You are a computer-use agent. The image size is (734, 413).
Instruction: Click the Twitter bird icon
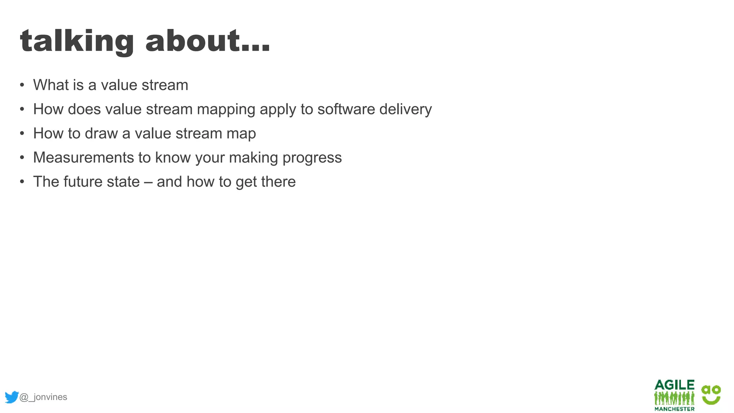point(11,397)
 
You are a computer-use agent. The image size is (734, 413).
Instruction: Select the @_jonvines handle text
point(43,397)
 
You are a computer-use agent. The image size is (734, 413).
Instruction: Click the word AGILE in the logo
point(674,385)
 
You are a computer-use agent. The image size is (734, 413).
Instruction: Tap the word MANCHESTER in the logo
point(674,409)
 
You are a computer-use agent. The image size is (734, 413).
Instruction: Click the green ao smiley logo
point(711,395)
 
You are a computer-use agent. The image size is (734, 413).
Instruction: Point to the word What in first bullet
point(51,85)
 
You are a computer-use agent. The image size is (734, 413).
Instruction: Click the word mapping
point(226,110)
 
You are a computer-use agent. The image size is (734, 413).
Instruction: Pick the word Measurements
point(84,158)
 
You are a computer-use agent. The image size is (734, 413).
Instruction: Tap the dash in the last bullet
point(148,182)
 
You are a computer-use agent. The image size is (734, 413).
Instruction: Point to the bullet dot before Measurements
point(22,158)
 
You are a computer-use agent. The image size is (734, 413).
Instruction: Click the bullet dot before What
point(22,85)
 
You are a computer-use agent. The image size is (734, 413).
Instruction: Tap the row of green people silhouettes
point(674,398)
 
